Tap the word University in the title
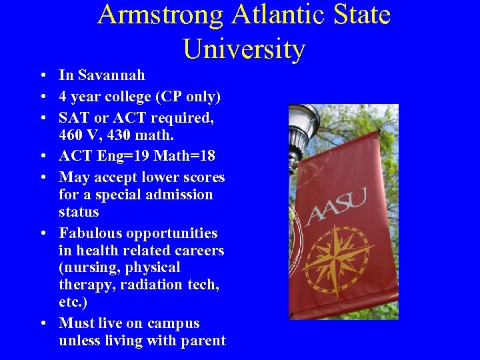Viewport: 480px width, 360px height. [x=243, y=49]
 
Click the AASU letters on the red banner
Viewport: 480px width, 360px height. [x=336, y=206]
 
